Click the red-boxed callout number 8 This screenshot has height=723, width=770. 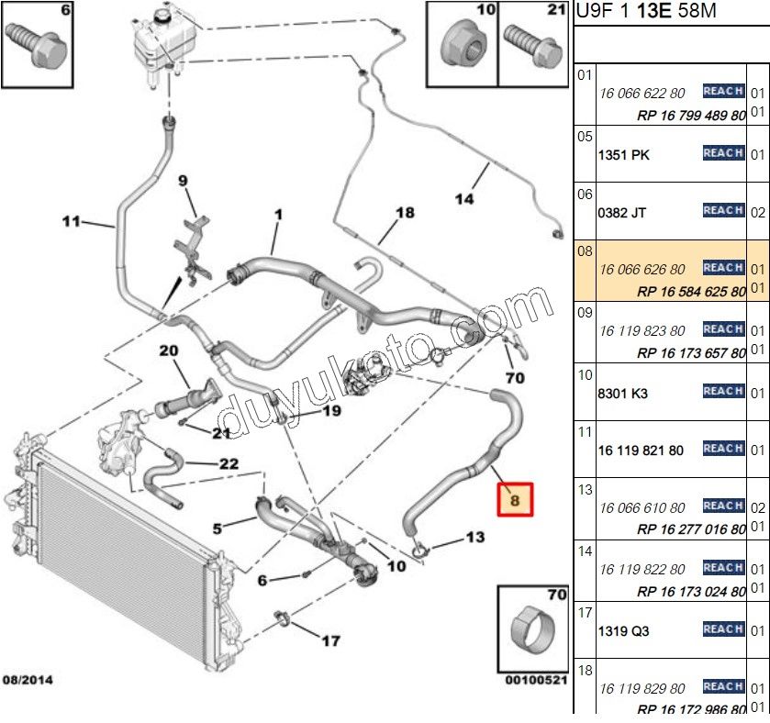click(x=515, y=500)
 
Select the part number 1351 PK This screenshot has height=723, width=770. click(x=623, y=155)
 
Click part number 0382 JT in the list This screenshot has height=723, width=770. click(x=621, y=212)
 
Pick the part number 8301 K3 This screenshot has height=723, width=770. click(x=622, y=393)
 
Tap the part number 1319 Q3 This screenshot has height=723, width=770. click(x=623, y=630)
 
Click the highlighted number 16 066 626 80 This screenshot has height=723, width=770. click(x=642, y=269)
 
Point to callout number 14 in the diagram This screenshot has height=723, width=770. click(x=464, y=197)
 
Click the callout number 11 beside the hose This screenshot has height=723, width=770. click(x=73, y=221)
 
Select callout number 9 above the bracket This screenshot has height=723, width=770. click(x=183, y=181)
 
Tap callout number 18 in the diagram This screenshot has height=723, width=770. click(x=405, y=213)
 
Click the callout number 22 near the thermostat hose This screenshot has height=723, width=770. click(x=229, y=463)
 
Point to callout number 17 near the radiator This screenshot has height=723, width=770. click(x=329, y=640)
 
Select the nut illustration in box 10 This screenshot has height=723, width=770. click(x=463, y=44)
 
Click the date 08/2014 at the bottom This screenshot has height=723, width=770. click(x=28, y=680)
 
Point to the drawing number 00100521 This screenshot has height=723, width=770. click(x=536, y=680)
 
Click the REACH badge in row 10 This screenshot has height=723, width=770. click(x=722, y=392)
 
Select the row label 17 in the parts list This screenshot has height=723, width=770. click(x=585, y=611)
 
